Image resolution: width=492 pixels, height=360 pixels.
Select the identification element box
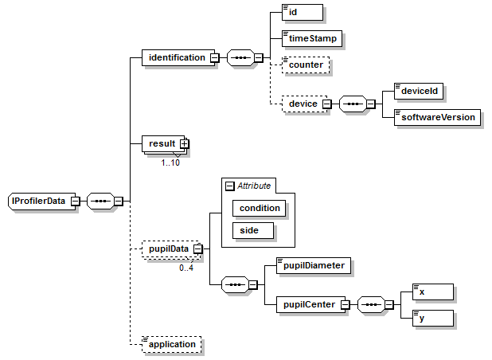click(x=174, y=57)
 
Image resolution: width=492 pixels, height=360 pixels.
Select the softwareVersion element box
click(x=437, y=116)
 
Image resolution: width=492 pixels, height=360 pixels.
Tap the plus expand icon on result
click(x=184, y=143)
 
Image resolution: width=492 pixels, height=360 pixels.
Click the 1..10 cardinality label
click(x=170, y=162)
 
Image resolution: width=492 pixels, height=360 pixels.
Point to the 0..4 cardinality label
click(x=186, y=268)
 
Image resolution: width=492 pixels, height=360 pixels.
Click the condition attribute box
click(x=259, y=208)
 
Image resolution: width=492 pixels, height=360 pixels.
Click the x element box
click(x=434, y=292)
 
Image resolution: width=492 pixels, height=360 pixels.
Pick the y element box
click(x=434, y=317)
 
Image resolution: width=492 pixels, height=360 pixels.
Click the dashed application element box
click(x=171, y=345)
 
